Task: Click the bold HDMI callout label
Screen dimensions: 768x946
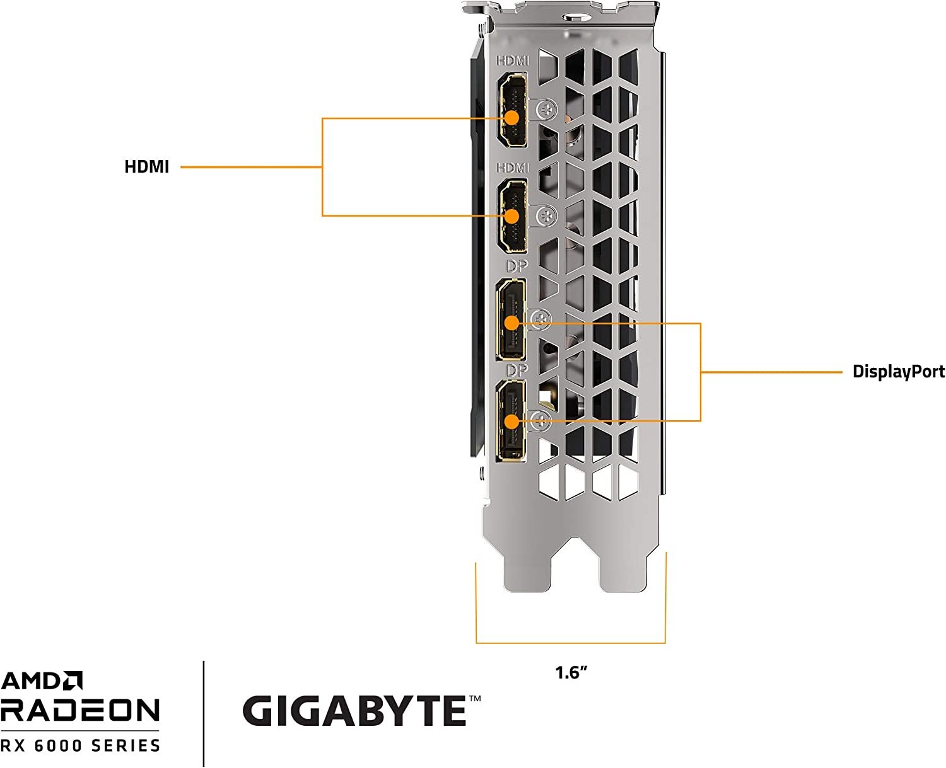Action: [146, 167]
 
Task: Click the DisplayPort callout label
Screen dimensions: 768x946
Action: [898, 372]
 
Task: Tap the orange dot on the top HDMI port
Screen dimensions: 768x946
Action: [511, 118]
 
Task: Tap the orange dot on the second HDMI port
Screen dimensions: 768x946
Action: [511, 216]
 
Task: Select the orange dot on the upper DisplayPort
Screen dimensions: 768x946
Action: [511, 323]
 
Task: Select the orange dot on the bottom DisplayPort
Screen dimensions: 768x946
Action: [511, 421]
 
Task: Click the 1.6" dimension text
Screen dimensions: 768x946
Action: [571, 673]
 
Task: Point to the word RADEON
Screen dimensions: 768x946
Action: [80, 710]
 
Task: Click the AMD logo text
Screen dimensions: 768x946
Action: [42, 681]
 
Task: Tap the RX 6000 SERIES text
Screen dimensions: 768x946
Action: [80, 746]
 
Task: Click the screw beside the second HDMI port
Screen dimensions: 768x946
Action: [546, 216]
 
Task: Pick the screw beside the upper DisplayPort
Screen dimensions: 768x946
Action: [540, 319]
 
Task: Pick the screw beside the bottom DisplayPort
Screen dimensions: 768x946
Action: [540, 420]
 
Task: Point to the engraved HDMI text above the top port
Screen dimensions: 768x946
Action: [513, 61]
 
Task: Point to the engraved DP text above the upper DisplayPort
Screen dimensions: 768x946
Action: [517, 267]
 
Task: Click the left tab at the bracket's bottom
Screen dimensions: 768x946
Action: [527, 570]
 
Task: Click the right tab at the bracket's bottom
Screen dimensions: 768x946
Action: [623, 570]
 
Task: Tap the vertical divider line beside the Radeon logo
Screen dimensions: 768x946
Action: [204, 713]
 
